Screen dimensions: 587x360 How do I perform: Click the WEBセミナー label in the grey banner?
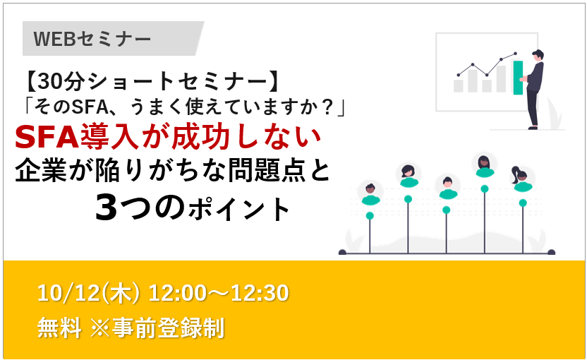[92, 39]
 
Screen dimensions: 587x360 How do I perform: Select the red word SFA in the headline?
[47, 137]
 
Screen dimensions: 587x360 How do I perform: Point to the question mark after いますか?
[328, 107]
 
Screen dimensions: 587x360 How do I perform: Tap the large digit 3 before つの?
[106, 208]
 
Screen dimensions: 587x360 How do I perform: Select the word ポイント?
[239, 210]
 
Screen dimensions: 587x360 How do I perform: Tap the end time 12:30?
[260, 293]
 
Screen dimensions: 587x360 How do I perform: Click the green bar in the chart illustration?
[518, 78]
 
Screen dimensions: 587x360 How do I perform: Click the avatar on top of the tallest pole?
[485, 167]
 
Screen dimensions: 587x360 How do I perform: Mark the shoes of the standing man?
[533, 128]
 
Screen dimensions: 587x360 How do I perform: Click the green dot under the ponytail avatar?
[523, 203]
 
